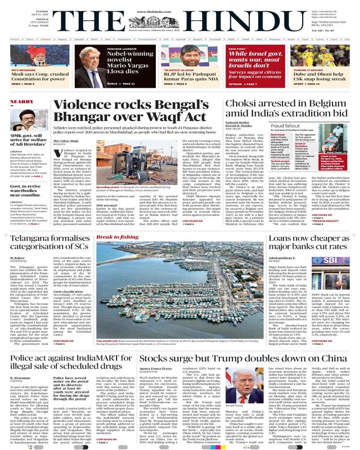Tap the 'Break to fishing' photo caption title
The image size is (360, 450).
pyautogui.click(x=116, y=238)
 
